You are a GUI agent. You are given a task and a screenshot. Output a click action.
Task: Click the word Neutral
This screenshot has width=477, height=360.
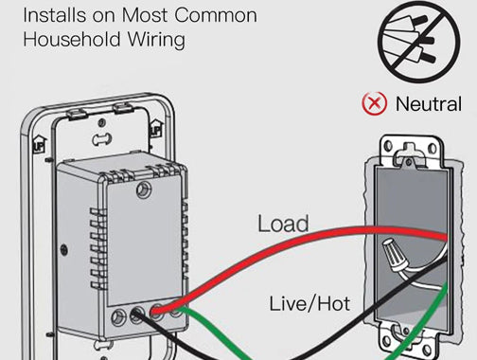click(x=429, y=104)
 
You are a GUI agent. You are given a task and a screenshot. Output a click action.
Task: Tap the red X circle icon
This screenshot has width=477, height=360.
click(x=374, y=103)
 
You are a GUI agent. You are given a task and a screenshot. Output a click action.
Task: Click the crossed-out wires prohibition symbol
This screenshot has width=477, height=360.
click(x=418, y=42)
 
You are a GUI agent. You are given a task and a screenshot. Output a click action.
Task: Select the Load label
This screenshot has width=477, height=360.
click(x=283, y=224)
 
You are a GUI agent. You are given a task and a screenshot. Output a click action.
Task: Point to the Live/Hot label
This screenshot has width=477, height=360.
click(x=309, y=303)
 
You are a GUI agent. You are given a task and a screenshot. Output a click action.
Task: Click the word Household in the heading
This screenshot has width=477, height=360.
click(x=72, y=40)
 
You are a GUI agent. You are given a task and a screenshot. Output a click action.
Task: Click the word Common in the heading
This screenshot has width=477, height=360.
click(x=216, y=15)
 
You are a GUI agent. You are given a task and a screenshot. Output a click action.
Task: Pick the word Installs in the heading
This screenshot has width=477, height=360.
click(x=54, y=15)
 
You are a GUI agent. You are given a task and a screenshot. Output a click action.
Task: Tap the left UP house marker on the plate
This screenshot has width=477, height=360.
click(x=40, y=144)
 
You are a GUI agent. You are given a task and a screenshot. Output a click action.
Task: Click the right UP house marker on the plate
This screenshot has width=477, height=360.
click(x=155, y=128)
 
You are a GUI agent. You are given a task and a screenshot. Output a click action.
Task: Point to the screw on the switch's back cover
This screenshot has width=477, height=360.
click(x=144, y=189)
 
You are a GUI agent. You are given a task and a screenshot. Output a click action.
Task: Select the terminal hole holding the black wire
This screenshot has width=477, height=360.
click(x=137, y=314)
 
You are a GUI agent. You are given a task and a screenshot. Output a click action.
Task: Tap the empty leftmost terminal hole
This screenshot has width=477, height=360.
click(x=118, y=317)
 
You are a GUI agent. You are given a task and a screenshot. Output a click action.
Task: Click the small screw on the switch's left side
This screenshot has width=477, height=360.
click(x=64, y=250)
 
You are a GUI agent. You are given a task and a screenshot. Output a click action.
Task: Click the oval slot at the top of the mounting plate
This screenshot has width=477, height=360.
click(x=101, y=138)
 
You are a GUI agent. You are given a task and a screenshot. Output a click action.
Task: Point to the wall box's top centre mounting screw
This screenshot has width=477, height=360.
click(x=409, y=162)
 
